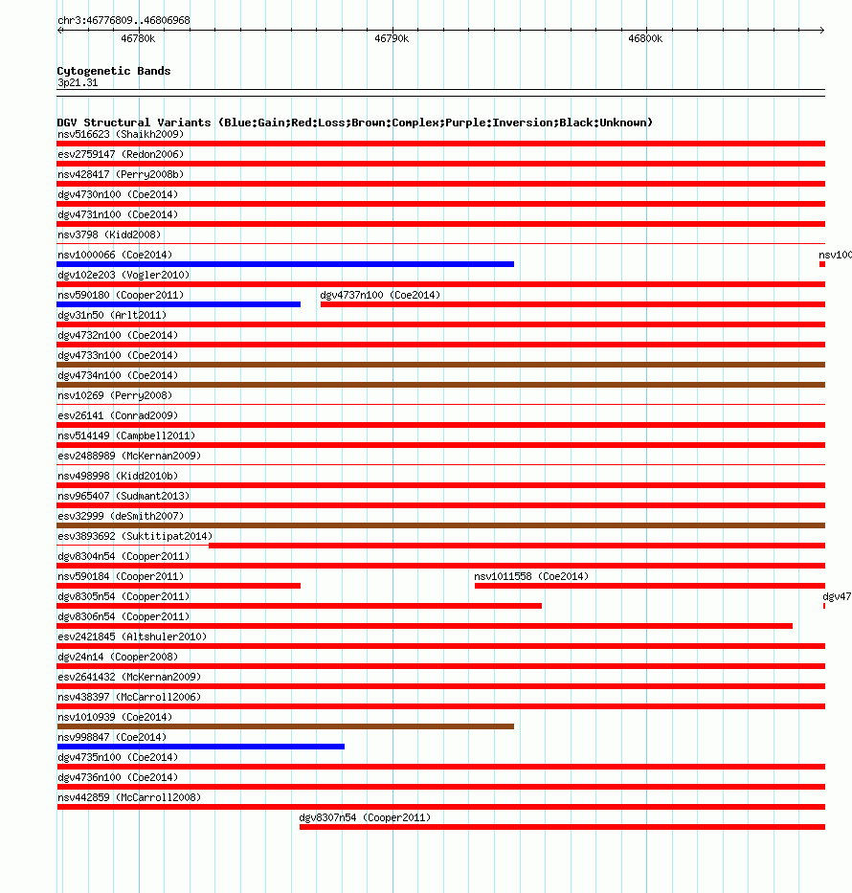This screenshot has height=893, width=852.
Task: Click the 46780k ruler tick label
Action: click(x=138, y=39)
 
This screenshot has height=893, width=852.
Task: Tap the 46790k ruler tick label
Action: click(x=392, y=39)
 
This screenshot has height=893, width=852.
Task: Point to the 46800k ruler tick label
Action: click(x=645, y=39)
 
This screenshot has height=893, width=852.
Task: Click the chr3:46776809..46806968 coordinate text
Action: click(x=123, y=20)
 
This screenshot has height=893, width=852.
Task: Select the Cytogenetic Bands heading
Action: click(x=114, y=71)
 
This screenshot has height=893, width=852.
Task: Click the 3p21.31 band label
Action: click(x=78, y=82)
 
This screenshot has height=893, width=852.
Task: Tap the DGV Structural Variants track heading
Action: click(x=354, y=123)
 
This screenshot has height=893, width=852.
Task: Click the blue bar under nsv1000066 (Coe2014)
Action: click(x=285, y=264)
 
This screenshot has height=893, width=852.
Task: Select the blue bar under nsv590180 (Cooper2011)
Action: click(x=178, y=304)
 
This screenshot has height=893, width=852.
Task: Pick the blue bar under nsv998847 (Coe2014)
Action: click(x=200, y=747)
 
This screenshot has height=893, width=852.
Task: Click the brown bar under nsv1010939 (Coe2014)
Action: click(x=285, y=726)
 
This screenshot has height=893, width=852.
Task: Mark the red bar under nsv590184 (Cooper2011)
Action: click(x=178, y=586)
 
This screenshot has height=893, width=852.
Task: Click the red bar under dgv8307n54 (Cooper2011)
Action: click(x=562, y=827)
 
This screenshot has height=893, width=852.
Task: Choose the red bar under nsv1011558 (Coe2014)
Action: click(x=649, y=586)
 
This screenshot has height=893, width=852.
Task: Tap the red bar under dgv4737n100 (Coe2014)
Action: click(x=572, y=304)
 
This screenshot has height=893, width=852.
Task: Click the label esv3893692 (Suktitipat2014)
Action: click(x=135, y=536)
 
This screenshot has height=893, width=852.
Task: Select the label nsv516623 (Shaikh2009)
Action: click(x=121, y=134)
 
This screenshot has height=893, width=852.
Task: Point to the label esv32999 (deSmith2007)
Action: click(x=121, y=516)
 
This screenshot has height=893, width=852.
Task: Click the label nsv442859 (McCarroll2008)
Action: click(x=129, y=797)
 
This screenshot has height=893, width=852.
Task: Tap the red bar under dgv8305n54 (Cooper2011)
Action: click(x=299, y=606)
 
